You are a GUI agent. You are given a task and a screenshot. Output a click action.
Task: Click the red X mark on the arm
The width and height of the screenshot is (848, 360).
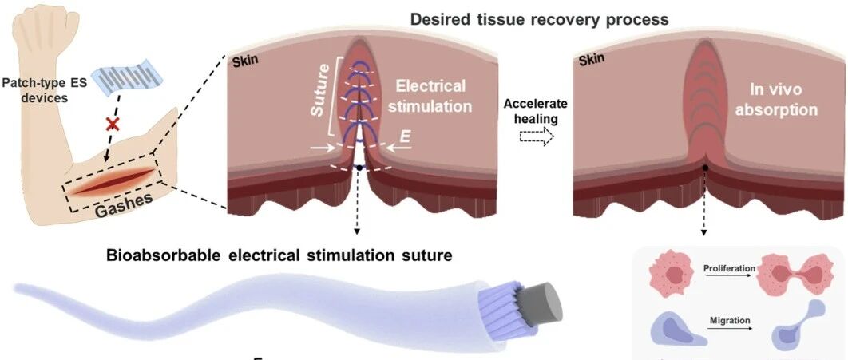[x=113, y=125]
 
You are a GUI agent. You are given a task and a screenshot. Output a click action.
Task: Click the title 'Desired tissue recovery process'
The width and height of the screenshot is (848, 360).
[x=539, y=19]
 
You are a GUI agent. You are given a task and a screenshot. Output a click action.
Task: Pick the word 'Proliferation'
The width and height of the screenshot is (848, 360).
[x=730, y=267]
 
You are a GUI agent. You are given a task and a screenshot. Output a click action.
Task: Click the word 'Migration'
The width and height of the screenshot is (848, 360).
[x=730, y=320]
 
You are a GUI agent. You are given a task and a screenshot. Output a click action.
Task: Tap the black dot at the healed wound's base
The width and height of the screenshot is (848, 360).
[x=705, y=168]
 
